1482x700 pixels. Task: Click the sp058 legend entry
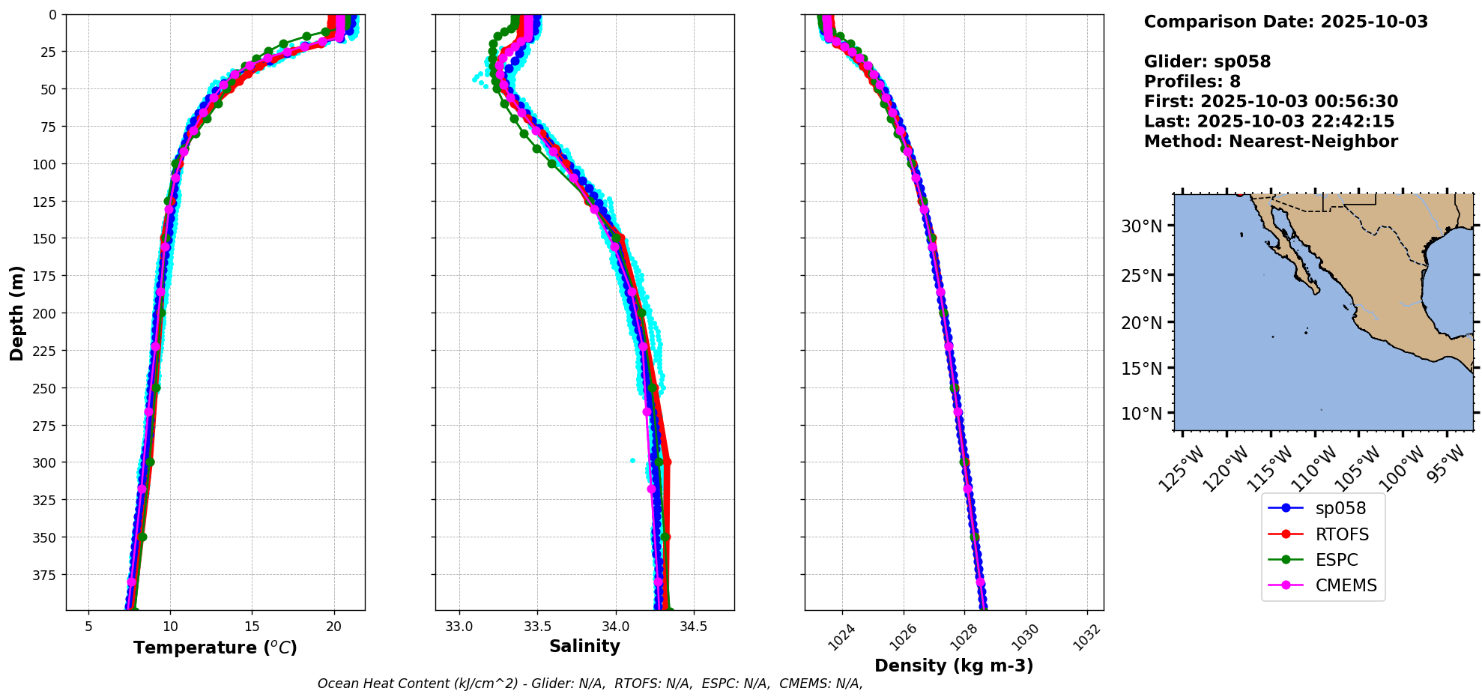pos(1340,508)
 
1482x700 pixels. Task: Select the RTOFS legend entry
pos(1341,534)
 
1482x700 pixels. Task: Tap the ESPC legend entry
pos(1336,560)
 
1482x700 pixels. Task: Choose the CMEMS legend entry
pos(1346,585)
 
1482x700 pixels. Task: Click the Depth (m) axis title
pos(16,313)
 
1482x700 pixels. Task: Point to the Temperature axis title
pos(215,648)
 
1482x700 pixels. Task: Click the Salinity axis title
pos(584,646)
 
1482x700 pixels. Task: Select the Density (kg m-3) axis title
pos(954,666)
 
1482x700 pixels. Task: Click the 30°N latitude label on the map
pos(1141,226)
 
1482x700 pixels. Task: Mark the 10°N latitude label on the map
pos(1141,414)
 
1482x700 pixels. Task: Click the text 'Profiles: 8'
pos(1192,82)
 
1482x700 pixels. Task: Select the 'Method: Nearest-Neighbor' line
pos(1271,142)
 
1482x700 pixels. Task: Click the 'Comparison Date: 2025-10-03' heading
pos(1286,22)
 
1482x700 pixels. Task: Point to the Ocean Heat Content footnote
pos(590,684)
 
